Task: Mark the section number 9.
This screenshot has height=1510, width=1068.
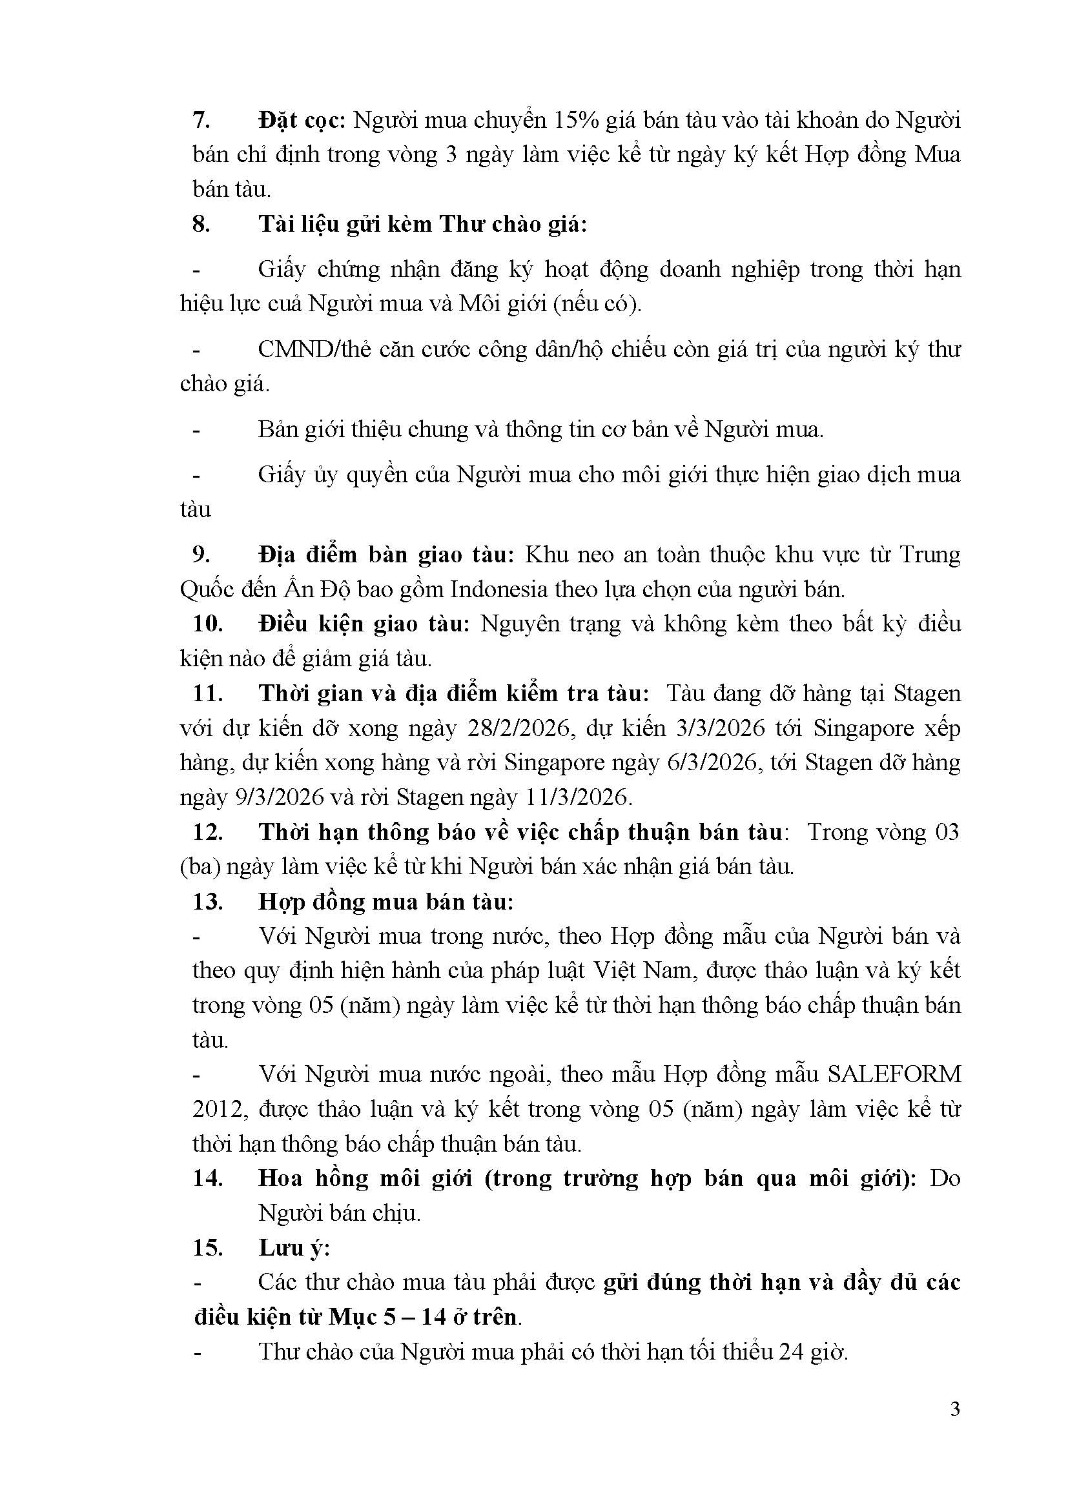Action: [x=201, y=555]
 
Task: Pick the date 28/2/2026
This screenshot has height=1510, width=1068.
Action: [x=519, y=728]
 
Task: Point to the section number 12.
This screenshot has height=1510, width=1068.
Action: [x=208, y=832]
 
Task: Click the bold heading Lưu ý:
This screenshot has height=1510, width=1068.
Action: [x=293, y=1248]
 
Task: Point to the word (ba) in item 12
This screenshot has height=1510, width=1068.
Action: [x=200, y=867]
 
